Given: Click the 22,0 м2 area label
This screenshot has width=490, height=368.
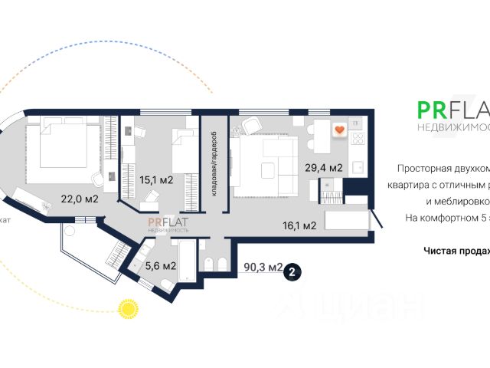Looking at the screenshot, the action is point(80,199).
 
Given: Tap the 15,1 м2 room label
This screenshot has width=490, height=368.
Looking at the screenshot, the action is point(155,181).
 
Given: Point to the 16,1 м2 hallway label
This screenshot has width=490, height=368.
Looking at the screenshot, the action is point(300,225).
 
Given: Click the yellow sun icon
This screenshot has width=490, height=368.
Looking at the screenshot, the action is point(126,308).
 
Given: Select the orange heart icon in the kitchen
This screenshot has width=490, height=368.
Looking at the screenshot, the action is point(338,130).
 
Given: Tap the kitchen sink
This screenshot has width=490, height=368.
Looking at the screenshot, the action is point(358,166).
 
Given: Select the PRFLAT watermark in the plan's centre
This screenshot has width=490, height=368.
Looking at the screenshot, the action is point(168,224).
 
